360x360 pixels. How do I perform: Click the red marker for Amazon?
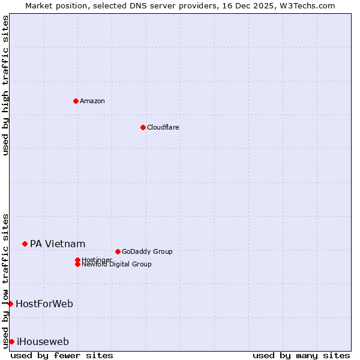[76, 101]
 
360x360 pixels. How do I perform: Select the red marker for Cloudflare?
[143, 127]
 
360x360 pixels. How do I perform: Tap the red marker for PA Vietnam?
[25, 244]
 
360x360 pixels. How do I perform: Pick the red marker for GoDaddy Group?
[118, 251]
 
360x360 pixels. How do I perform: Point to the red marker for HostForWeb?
[10, 304]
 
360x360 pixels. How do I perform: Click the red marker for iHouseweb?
[11, 341]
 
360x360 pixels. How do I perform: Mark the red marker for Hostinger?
[77, 260]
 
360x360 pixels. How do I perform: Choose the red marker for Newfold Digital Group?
[77, 264]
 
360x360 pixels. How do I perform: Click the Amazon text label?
[92, 101]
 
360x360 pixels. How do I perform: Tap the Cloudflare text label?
[163, 127]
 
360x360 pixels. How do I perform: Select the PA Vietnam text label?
[58, 244]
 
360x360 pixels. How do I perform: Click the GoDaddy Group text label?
[147, 251]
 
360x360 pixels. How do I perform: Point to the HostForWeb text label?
[44, 304]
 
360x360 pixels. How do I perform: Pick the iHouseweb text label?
[43, 342]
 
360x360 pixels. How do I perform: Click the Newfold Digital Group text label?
[116, 264]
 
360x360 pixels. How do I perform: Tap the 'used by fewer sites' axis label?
[62, 355]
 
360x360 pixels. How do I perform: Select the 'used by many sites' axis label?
[301, 355]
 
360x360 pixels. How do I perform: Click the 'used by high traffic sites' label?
[5, 85]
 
